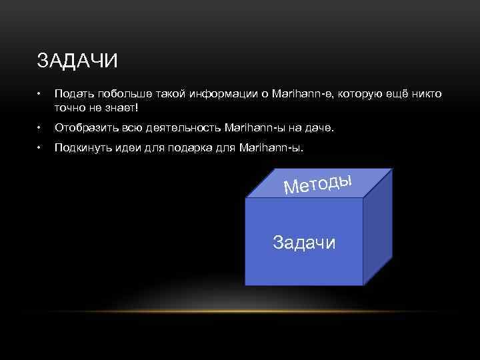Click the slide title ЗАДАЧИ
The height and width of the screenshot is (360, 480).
78,62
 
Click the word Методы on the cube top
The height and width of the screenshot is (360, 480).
317,181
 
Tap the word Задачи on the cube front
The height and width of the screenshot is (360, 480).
305,242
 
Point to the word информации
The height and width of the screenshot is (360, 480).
230,95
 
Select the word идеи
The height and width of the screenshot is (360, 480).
131,148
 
